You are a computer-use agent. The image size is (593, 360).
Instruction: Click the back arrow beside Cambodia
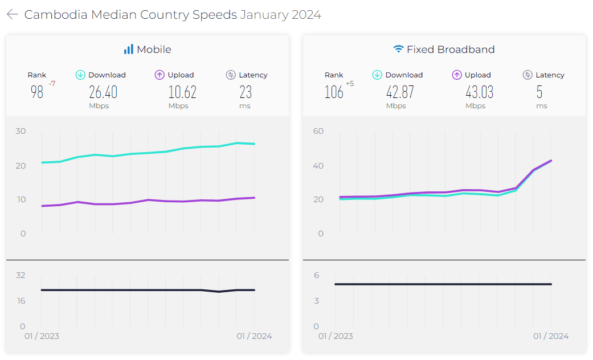pos(12,15)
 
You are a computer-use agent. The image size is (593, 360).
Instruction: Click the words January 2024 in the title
pos(280,15)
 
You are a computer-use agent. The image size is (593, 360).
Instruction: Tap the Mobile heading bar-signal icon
pos(128,50)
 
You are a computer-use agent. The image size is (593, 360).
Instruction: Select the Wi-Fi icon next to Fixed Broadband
pos(398,50)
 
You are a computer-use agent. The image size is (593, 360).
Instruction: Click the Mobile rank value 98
pos(37,92)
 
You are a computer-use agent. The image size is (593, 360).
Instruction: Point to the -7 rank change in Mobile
pos(52,84)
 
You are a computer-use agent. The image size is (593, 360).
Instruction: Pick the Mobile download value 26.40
pos(103,92)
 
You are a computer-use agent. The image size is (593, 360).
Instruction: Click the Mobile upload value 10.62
pos(182,92)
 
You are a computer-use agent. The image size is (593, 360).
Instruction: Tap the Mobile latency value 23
pos(246,92)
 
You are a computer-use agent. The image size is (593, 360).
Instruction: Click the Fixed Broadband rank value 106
pos(334,92)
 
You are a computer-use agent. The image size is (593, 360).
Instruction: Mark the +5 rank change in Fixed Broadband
pos(349,84)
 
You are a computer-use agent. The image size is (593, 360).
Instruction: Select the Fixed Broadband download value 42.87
pos(400,92)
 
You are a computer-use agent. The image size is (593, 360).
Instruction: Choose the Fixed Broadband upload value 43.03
pos(479,92)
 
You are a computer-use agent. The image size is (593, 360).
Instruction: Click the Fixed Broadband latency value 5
pos(539,92)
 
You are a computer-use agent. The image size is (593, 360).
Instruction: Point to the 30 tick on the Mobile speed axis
pos(21,131)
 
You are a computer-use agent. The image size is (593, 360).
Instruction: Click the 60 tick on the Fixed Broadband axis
pos(318,131)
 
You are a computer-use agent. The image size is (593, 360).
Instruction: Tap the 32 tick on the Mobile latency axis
pos(21,275)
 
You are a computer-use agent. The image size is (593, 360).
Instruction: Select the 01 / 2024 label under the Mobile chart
pos(254,336)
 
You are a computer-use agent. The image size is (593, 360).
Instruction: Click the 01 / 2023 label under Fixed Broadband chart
pos(335,336)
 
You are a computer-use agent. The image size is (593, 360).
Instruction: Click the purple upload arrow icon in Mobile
pos(160,75)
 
